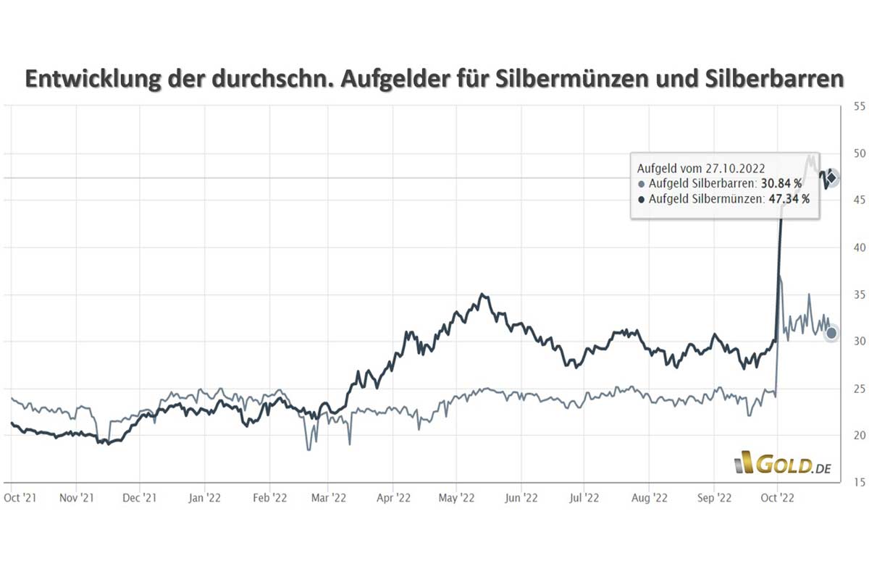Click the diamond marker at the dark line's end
tap(832, 177)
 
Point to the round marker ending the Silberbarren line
tap(831, 333)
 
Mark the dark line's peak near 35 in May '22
tap(482, 295)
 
